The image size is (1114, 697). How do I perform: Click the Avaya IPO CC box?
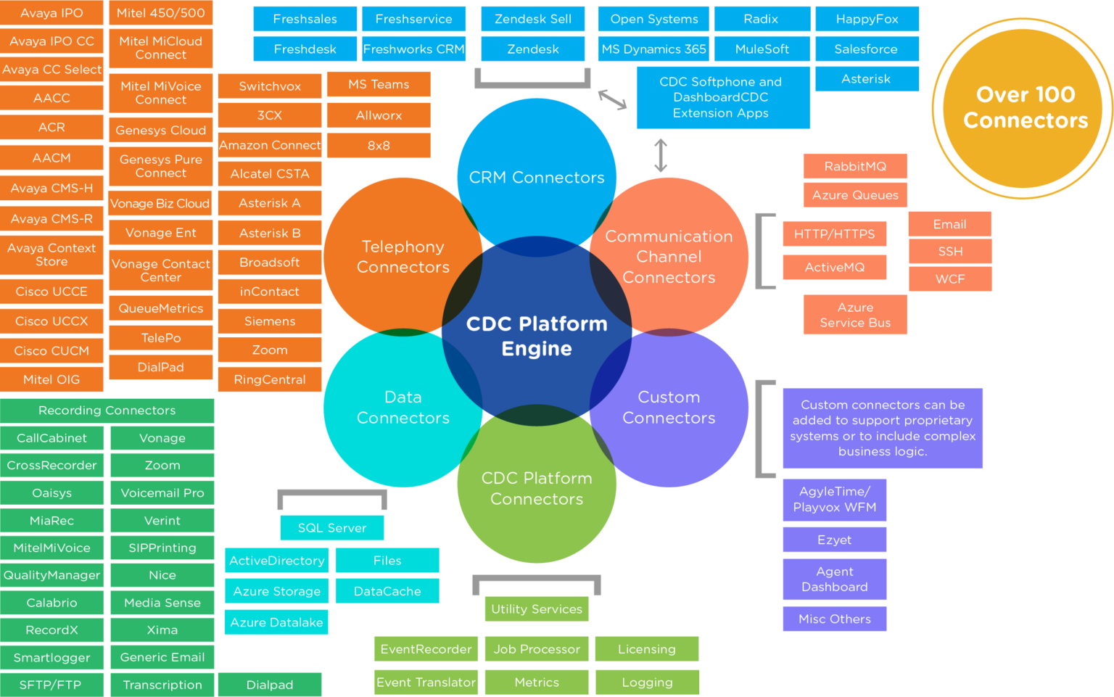51,41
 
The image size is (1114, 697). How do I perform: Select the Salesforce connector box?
867,49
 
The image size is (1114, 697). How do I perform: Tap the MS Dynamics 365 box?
653,49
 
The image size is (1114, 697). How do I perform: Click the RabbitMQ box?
854,166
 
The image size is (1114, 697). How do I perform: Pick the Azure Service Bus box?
854,315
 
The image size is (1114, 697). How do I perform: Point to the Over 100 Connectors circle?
1025,107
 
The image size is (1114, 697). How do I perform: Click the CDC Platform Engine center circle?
537,335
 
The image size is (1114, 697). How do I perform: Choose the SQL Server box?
332,527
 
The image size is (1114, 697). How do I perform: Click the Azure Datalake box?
276,622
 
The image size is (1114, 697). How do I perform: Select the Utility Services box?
537,609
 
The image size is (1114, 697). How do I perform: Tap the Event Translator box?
426,682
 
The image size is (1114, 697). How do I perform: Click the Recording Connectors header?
107,411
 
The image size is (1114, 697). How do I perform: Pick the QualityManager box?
51,575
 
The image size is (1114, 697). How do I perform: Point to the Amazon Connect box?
270,145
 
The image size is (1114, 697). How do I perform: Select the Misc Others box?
834,619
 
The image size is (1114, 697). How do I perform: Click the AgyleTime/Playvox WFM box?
834,500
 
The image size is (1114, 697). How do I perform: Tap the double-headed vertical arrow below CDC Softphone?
660,156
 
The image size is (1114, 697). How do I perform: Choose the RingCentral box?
270,379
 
